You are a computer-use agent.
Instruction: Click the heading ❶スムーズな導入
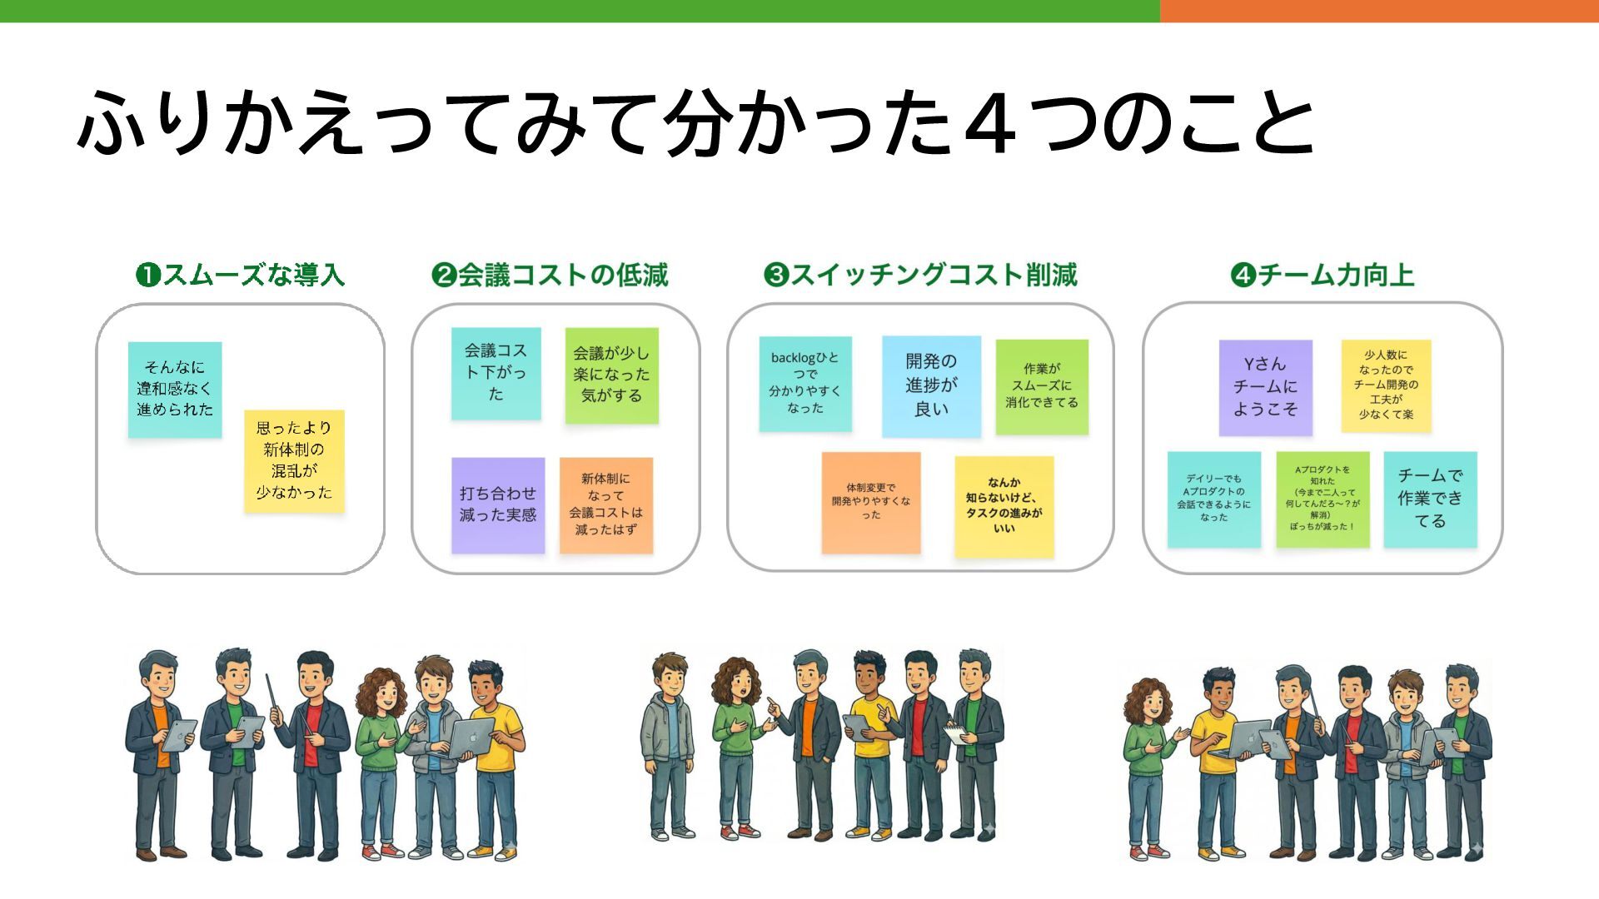(240, 275)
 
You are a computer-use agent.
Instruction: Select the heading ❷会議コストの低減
(550, 275)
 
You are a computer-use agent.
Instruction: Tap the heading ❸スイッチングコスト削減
(920, 275)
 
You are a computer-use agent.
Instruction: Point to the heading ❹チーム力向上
(1323, 275)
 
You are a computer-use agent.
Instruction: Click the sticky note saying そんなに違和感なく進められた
(175, 389)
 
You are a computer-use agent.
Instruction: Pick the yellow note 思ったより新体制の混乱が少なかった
(294, 460)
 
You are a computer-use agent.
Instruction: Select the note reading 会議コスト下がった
(496, 373)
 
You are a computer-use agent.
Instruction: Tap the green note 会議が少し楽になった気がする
(611, 375)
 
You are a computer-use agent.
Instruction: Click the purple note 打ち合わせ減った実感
(498, 504)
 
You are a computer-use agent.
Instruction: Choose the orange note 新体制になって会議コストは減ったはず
(606, 504)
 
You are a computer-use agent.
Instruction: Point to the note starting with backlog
(804, 383)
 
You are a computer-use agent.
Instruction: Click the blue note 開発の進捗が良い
(931, 385)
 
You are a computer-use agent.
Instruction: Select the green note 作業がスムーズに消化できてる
(1042, 385)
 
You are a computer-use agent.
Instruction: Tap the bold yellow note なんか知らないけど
(1004, 505)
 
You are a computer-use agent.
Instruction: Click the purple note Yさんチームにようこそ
(1265, 387)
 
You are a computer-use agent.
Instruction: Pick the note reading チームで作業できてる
(1430, 499)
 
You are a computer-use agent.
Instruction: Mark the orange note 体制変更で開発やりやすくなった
(871, 502)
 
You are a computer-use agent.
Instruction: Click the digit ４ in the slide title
(993, 125)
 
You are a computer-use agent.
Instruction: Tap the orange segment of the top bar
(1379, 11)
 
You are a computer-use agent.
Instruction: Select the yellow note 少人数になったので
(1386, 385)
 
